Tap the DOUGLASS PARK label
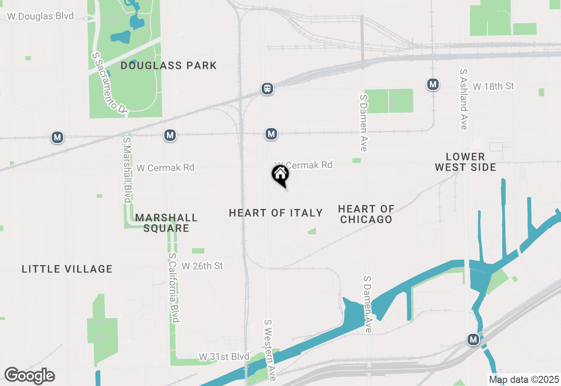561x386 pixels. (x=169, y=66)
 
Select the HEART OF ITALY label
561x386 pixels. (x=276, y=213)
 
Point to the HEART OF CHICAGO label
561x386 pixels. (x=366, y=214)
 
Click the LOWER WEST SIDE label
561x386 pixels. (x=465, y=162)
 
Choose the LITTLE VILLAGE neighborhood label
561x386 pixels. (x=67, y=269)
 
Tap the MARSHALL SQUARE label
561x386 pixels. (x=167, y=223)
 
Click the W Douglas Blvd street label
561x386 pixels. (x=40, y=16)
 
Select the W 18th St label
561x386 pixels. (x=494, y=86)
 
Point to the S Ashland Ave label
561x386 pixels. (x=463, y=99)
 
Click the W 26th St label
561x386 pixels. (x=202, y=266)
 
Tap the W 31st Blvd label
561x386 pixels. (x=224, y=356)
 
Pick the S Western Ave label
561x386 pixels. (x=270, y=350)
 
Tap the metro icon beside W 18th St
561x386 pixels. (x=433, y=84)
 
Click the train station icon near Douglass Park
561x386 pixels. (x=267, y=89)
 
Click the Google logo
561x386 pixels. (x=29, y=376)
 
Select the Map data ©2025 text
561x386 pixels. (x=524, y=379)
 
